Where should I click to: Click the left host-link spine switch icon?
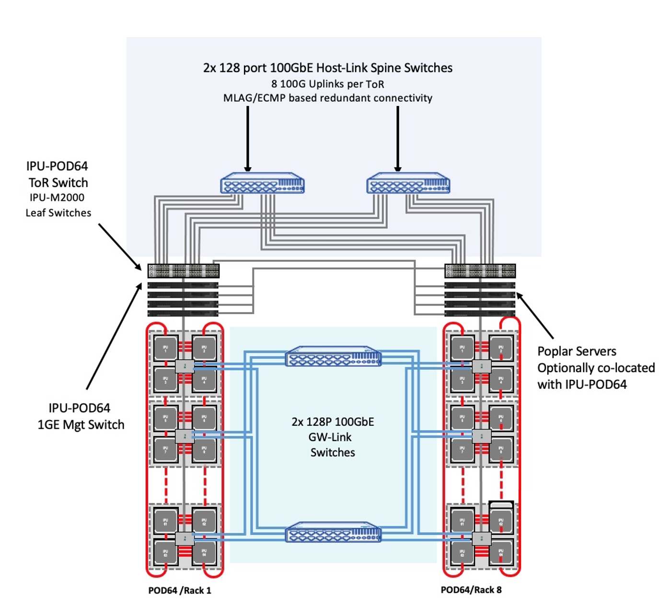262,184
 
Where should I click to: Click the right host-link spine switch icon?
408,184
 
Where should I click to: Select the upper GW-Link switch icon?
333,357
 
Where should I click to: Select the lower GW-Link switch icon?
333,532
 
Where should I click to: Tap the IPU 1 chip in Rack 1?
165,348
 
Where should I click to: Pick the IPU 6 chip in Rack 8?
501,418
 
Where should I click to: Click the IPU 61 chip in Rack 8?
462,521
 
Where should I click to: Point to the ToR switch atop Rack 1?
184,271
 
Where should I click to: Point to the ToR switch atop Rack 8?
480,271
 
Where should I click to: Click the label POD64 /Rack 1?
180,590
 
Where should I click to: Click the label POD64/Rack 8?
471,590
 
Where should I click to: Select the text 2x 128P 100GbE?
333,422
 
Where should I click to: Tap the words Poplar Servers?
577,351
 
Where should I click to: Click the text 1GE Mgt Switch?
81,425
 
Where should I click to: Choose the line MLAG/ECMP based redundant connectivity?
328,98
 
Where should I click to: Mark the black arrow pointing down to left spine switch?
248,139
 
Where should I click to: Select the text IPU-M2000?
57,198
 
